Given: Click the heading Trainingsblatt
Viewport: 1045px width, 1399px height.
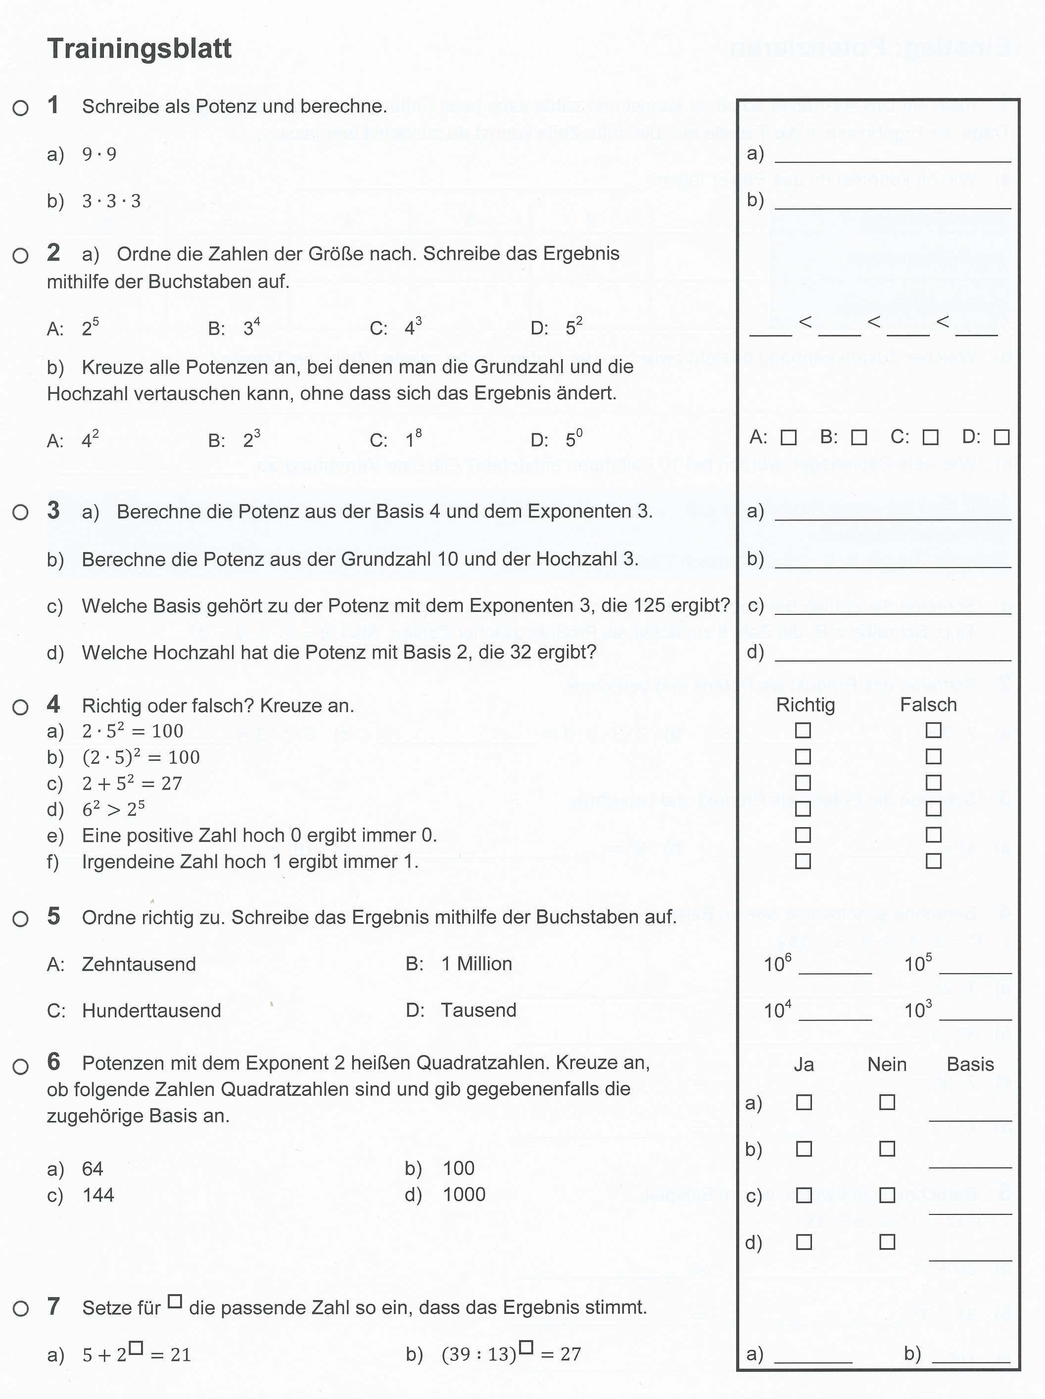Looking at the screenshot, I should pyautogui.click(x=139, y=48).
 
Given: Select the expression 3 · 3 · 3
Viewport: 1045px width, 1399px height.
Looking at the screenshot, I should pyautogui.click(x=111, y=201).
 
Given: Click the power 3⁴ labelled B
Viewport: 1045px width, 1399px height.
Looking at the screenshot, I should pyautogui.click(x=252, y=327).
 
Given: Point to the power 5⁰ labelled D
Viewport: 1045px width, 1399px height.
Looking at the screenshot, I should pyautogui.click(x=574, y=439).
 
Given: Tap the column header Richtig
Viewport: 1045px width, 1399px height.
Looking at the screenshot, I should pyautogui.click(x=805, y=704).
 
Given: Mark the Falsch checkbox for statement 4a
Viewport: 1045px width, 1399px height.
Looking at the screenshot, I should pyautogui.click(x=933, y=731).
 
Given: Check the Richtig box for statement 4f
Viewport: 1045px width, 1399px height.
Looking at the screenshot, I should pyautogui.click(x=803, y=861).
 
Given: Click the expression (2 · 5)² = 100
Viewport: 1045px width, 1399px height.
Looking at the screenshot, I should pyautogui.click(x=141, y=757).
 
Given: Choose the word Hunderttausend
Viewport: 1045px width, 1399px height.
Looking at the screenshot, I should pyautogui.click(x=151, y=1010).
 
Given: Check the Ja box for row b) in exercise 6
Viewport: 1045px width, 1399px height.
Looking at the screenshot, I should pyautogui.click(x=804, y=1149).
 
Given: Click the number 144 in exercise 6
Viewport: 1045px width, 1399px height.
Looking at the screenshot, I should pyautogui.click(x=98, y=1195).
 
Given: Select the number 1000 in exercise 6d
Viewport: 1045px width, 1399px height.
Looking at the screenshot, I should pyautogui.click(x=464, y=1194).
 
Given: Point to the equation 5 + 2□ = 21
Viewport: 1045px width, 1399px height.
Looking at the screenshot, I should pyautogui.click(x=137, y=1353).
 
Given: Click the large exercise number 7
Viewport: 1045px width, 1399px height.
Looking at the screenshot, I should pyautogui.click(x=54, y=1306).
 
